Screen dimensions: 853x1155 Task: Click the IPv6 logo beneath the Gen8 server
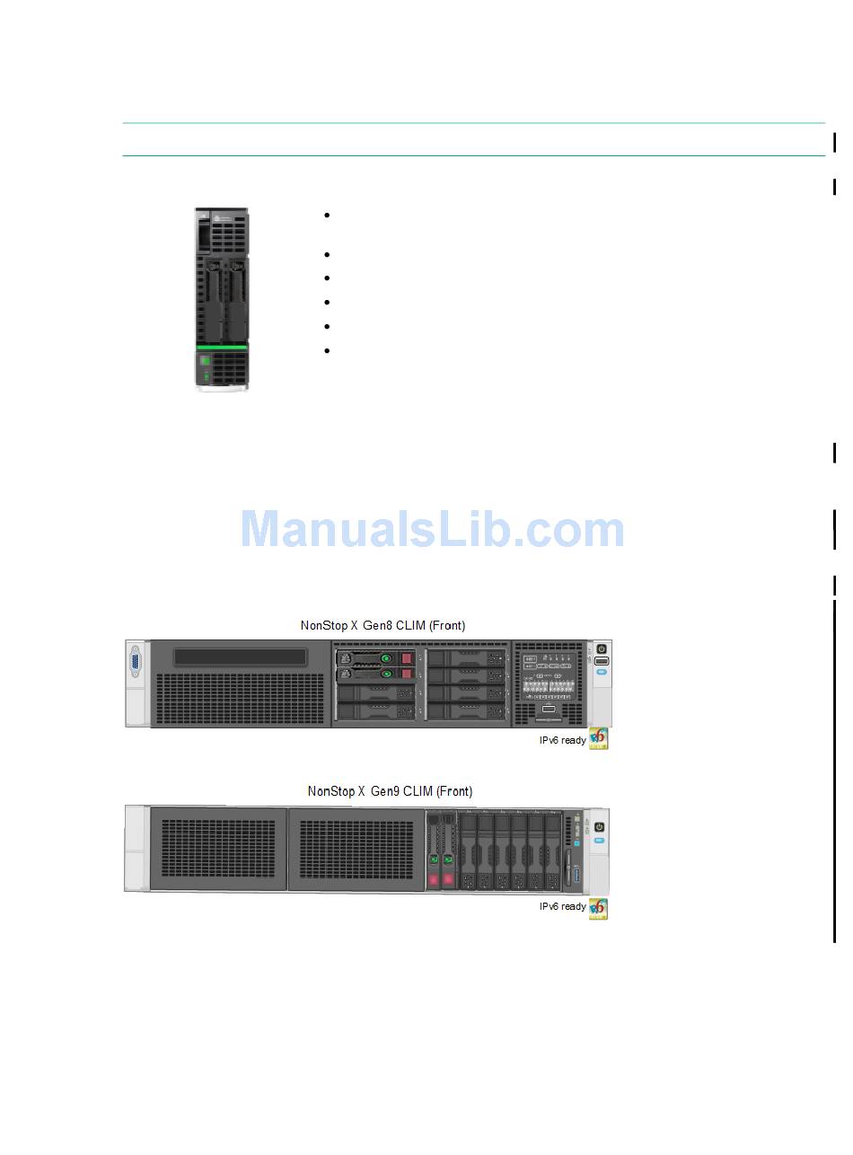coord(598,739)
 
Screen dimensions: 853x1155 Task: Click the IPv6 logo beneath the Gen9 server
coord(598,909)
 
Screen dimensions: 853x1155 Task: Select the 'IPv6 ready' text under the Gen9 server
coord(562,907)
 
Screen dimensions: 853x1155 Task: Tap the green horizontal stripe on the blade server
coord(222,347)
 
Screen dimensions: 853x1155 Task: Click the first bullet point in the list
coord(327,216)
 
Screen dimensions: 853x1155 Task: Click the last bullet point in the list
coord(327,351)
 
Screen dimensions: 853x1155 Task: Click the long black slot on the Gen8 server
coord(240,657)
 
